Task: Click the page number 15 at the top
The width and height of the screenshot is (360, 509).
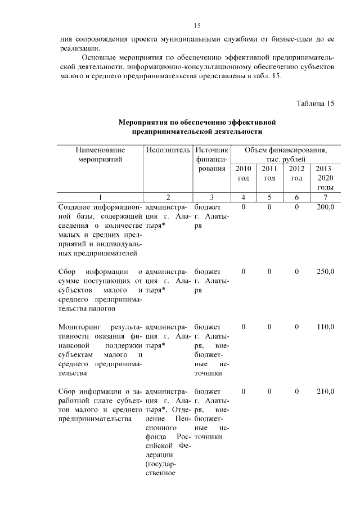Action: pos(197,25)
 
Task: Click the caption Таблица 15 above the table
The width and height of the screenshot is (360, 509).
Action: pos(315,103)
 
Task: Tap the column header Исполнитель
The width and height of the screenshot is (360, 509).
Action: pos(168,151)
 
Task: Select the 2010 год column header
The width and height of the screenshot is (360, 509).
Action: pos(243,173)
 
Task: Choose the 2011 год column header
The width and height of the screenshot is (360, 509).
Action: pos(269,173)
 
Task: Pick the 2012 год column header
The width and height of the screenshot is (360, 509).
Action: pos(296,173)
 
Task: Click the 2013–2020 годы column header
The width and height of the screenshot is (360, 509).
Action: pos(325,178)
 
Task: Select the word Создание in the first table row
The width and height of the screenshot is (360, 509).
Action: pos(74,208)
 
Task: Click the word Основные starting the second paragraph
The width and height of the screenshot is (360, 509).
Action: pos(101,57)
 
